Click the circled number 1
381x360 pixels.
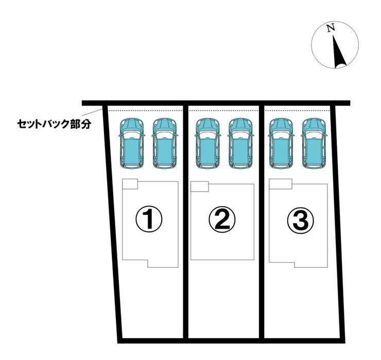149,219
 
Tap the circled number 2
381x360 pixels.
222,219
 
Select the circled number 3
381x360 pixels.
301,220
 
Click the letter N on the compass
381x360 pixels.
331,28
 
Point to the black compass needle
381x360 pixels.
338,52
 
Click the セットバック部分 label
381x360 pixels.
54,124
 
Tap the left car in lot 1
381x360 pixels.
132,143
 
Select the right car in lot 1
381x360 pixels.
165,143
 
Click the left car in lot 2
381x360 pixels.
207,143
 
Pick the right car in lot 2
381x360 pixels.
240,143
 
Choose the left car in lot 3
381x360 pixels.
281,143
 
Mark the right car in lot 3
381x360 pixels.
314,143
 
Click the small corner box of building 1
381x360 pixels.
130,184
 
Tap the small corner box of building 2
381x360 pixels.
199,186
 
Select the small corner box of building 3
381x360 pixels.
281,184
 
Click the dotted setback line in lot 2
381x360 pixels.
223,111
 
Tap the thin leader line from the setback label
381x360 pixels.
92,113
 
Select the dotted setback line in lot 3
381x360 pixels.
298,111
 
